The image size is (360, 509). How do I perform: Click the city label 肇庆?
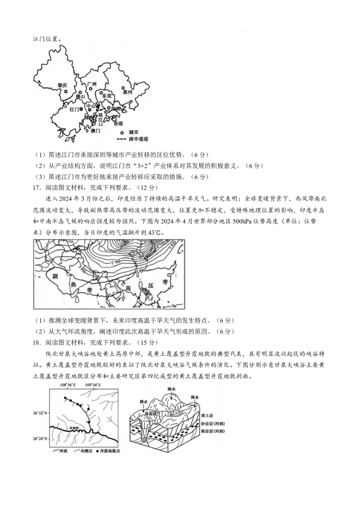62,85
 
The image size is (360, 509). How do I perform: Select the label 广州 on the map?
92,84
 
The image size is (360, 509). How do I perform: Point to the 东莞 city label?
107,96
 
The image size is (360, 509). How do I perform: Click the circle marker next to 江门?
81,109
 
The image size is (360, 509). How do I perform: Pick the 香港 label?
118,123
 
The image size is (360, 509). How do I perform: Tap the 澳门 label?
95,131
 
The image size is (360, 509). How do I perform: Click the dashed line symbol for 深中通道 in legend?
121,139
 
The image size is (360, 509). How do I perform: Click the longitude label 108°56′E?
68,385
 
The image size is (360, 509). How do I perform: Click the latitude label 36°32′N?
40,412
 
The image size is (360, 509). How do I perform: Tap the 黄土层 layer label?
207,417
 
